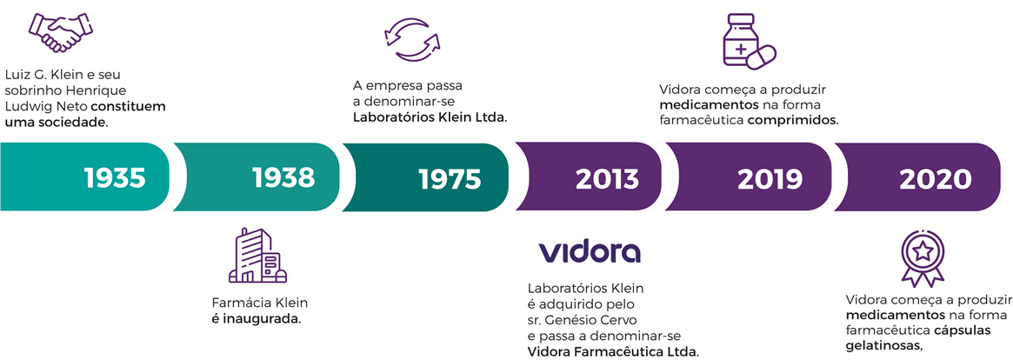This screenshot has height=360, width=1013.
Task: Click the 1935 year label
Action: tap(116, 177)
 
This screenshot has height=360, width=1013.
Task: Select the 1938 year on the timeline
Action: tap(283, 177)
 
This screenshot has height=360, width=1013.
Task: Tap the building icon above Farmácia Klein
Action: tap(257, 256)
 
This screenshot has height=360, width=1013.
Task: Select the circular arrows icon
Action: tap(411, 39)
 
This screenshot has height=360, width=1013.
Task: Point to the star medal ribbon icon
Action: tap(923, 258)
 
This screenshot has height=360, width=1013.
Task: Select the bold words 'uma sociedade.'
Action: tap(57, 121)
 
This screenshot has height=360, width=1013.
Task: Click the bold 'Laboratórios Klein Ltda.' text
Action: tap(430, 117)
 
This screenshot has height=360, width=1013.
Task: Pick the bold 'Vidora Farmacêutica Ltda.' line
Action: tap(613, 352)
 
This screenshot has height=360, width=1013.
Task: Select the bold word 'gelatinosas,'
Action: tap(883, 345)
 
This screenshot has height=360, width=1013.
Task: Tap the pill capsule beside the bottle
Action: tap(763, 57)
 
